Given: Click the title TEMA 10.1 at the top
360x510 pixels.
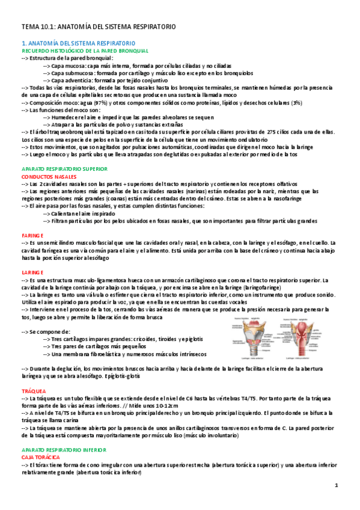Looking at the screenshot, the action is pos(98,27).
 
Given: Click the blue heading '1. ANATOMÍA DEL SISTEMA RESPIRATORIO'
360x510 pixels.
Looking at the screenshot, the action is pos(78,44).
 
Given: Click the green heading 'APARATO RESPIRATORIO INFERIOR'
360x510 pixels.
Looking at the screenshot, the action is pos(63,450).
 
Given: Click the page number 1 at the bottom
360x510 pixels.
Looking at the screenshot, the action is pos(337,485).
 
